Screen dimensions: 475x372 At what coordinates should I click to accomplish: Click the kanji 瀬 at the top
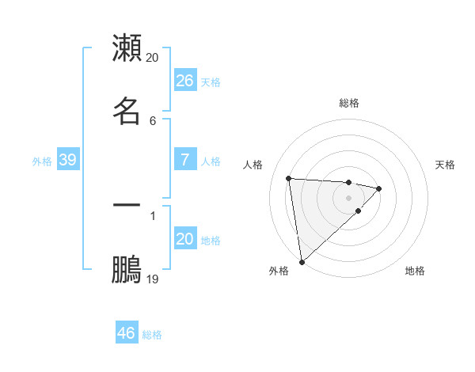click(x=127, y=48)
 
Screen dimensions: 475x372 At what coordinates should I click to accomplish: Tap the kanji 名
click(x=127, y=110)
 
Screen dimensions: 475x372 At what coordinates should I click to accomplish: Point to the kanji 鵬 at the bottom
click(x=127, y=269)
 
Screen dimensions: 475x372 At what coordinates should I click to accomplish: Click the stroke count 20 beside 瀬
click(x=153, y=58)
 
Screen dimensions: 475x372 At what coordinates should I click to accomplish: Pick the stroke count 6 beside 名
click(x=153, y=120)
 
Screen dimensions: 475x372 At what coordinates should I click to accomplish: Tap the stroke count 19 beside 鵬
click(x=153, y=279)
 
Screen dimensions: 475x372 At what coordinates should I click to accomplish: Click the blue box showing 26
click(x=184, y=80)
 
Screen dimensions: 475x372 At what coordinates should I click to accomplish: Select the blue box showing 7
click(x=184, y=160)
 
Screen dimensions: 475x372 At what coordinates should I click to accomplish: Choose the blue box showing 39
click(x=68, y=160)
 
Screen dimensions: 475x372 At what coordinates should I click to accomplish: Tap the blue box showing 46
click(x=127, y=333)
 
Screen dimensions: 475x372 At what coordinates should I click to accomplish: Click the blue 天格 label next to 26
click(x=211, y=82)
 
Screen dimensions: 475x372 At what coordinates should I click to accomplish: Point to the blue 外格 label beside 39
click(x=42, y=161)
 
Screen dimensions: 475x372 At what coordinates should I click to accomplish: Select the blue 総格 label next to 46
click(x=152, y=335)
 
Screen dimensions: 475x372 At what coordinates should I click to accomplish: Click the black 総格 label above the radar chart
click(x=349, y=103)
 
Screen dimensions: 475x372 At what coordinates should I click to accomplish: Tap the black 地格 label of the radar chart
click(x=415, y=271)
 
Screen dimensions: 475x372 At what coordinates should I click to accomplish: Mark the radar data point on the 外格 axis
click(x=302, y=261)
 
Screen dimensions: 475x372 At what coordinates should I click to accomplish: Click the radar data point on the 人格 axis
click(x=289, y=178)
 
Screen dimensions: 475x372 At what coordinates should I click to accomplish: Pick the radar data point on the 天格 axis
click(x=379, y=188)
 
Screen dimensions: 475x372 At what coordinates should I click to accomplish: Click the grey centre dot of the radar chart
click(x=349, y=198)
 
